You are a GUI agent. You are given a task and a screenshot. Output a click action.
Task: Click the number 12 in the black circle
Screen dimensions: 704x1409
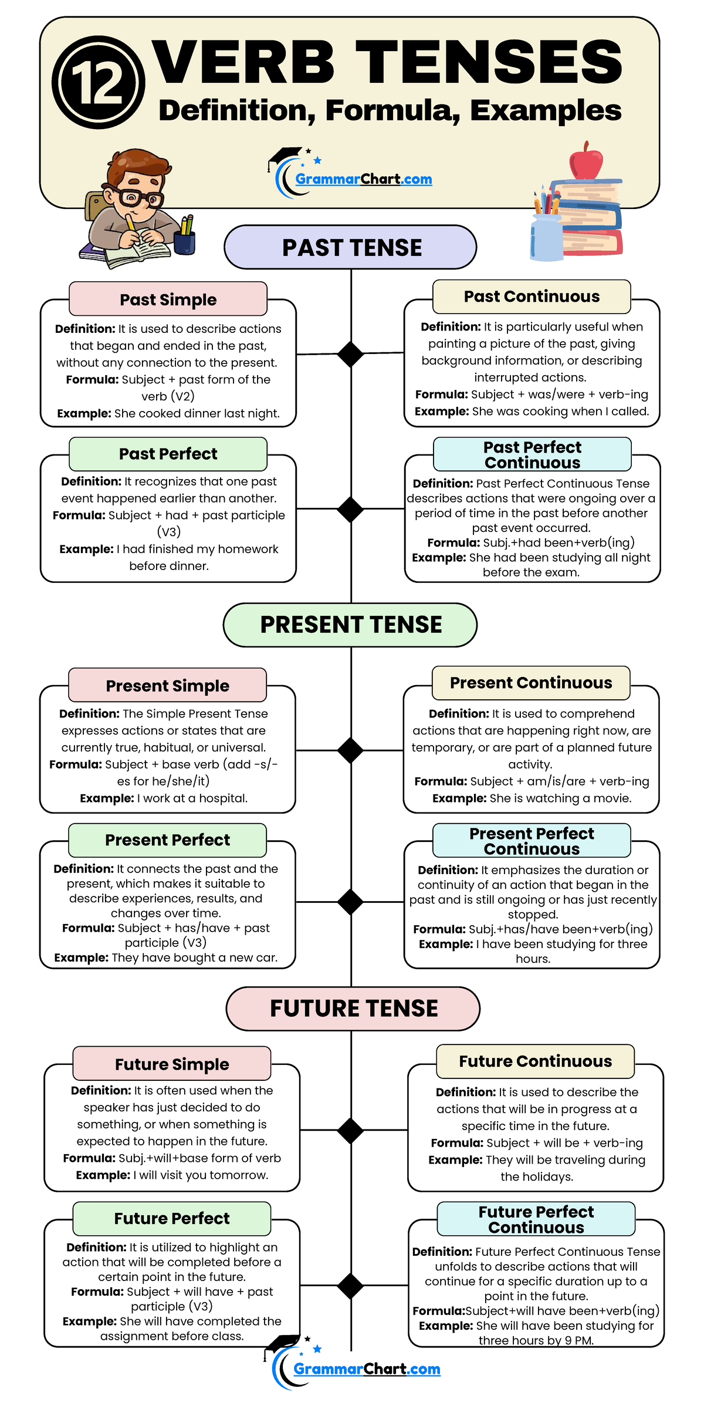[x=97, y=83]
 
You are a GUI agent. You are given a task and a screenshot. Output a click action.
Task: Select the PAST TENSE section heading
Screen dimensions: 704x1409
[x=352, y=248]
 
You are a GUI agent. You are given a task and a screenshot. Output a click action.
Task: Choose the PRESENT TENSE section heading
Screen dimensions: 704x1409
[x=351, y=625]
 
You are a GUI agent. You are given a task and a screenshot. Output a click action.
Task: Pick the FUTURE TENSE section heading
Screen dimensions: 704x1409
[x=354, y=1009]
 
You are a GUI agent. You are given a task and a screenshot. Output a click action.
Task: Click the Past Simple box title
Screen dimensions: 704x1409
[x=168, y=299]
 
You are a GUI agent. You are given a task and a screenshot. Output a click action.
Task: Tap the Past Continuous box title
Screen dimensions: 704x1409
[x=532, y=296]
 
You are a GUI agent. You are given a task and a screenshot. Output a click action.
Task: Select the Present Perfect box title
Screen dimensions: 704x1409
[x=167, y=840]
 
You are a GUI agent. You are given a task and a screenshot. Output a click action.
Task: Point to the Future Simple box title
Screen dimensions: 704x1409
[x=172, y=1064]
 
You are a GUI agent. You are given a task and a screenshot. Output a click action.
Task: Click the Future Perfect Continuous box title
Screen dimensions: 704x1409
[x=536, y=1219]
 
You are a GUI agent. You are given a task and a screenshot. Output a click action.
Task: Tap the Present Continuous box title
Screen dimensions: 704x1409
[x=531, y=683]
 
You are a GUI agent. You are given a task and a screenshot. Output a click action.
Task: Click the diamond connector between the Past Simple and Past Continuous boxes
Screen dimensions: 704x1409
[x=351, y=354]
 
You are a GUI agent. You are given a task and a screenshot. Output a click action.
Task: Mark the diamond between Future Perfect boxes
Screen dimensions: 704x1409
[x=351, y=1286]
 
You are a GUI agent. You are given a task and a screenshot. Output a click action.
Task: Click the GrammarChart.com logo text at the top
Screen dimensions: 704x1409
[x=364, y=179]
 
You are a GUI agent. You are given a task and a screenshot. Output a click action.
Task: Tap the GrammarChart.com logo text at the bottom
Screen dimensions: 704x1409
[x=367, y=1368]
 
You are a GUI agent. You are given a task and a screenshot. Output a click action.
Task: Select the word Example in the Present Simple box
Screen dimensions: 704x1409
[x=107, y=798]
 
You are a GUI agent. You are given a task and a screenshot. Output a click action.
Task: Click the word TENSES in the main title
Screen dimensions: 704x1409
[x=489, y=61]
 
